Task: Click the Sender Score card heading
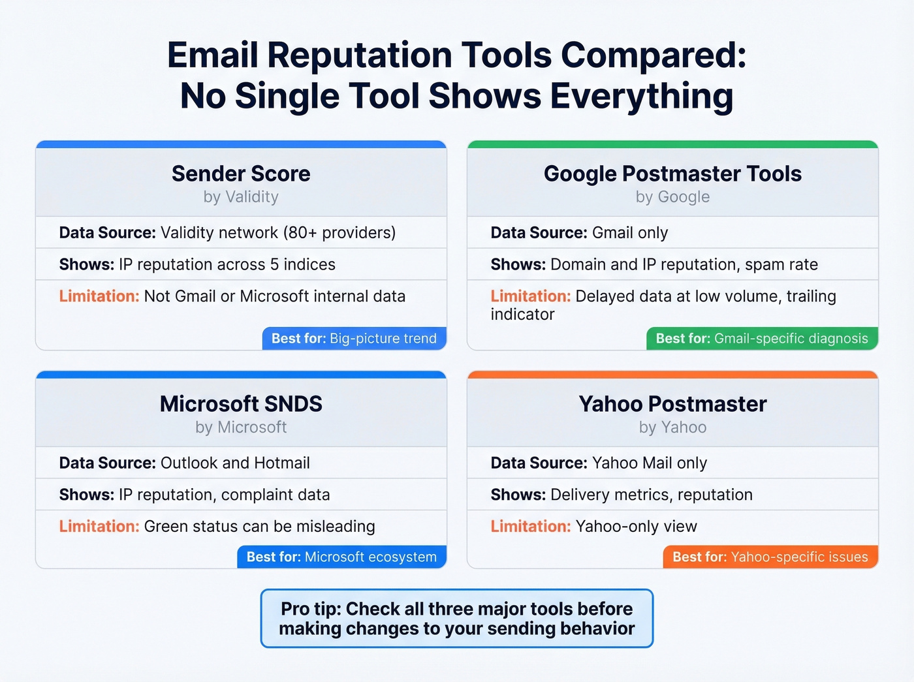coord(241,174)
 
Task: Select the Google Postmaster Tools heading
coord(672,174)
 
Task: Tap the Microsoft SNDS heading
coord(241,404)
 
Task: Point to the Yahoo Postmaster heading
coord(672,404)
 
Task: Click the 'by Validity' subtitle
coord(241,197)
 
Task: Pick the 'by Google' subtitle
coord(672,197)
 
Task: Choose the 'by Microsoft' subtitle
coord(241,427)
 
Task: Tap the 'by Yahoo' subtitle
coord(672,427)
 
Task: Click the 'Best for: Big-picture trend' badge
coord(354,339)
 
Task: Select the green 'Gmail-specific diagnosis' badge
coord(762,339)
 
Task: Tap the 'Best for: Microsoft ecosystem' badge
coord(341,557)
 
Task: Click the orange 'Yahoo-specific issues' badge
coord(770,557)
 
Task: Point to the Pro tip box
coord(457,618)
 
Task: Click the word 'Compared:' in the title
coord(654,55)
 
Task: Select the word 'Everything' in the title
coord(642,96)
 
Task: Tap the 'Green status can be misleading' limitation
coord(259,527)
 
